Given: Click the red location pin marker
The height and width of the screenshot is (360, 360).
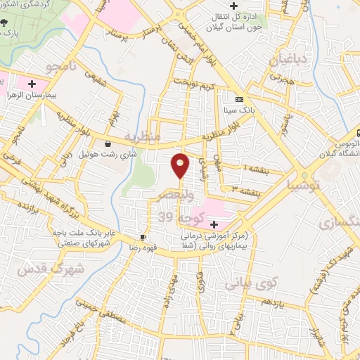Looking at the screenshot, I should point(181,165).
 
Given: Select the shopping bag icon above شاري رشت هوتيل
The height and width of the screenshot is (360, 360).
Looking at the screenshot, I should point(106,143).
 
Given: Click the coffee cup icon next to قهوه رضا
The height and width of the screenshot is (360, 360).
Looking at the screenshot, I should point(143,237).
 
